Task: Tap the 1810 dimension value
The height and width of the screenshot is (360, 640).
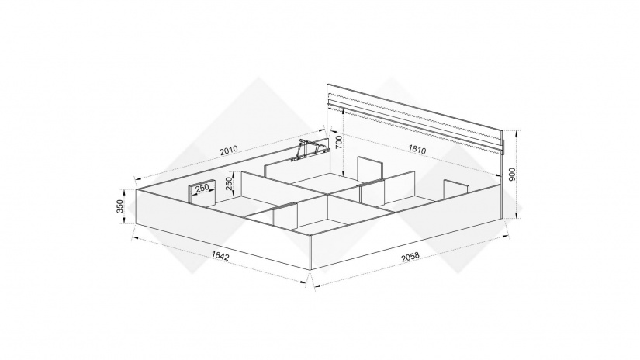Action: [417, 150]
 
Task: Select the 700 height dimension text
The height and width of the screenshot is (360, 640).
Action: [338, 142]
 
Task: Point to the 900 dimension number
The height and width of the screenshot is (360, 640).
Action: [513, 175]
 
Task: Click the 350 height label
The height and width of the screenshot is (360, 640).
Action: [119, 206]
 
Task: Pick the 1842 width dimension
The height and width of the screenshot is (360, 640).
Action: [220, 255]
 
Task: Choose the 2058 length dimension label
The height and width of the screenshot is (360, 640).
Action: [410, 256]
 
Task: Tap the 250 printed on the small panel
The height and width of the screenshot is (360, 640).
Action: [202, 189]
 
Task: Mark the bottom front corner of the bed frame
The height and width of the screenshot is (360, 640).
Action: [310, 270]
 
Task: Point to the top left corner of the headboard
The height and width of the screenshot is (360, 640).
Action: [327, 84]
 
